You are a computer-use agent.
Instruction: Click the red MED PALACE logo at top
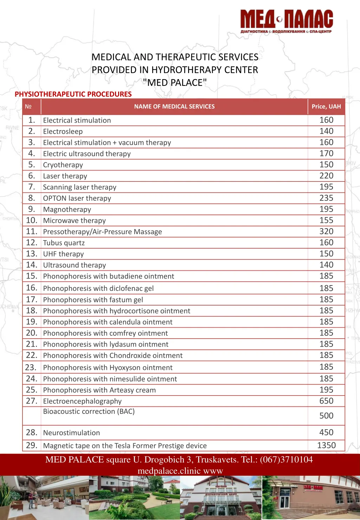(287, 21)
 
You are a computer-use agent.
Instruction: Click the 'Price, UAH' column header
(326, 107)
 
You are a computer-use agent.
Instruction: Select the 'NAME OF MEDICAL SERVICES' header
(174, 107)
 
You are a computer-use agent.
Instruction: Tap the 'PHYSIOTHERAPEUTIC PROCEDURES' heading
(73, 94)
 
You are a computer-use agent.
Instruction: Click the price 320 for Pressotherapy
(326, 231)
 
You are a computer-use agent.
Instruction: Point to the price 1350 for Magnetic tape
(326, 445)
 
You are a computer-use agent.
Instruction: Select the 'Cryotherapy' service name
(63, 165)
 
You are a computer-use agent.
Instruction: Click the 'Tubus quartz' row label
(64, 243)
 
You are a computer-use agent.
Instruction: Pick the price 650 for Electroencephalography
(326, 401)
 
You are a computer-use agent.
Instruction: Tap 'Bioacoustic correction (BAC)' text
(89, 411)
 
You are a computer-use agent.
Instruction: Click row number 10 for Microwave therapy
(32, 220)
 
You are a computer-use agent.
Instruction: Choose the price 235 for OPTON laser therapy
(326, 198)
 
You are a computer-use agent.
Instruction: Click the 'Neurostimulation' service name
(71, 433)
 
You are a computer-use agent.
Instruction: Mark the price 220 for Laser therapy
(326, 176)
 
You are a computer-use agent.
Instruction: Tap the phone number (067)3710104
(286, 460)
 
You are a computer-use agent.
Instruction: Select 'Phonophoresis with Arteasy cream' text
(99, 390)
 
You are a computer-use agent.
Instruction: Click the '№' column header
(28, 107)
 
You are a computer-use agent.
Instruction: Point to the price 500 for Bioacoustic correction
(326, 416)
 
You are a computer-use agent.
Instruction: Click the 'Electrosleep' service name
(63, 131)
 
